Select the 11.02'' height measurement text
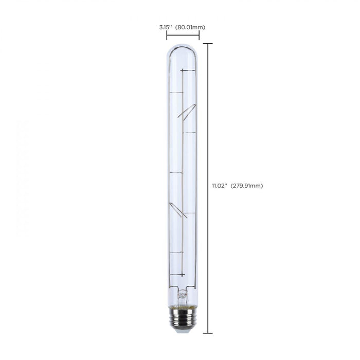pyautogui.click(x=219, y=186)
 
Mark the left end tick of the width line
pyautogui.click(x=167, y=36)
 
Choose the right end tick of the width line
pyautogui.click(x=199, y=36)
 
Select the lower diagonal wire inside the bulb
pyautogui.click(x=178, y=209)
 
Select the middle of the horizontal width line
pyautogui.click(x=183, y=36)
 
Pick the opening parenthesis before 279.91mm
pyautogui.click(x=231, y=186)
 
